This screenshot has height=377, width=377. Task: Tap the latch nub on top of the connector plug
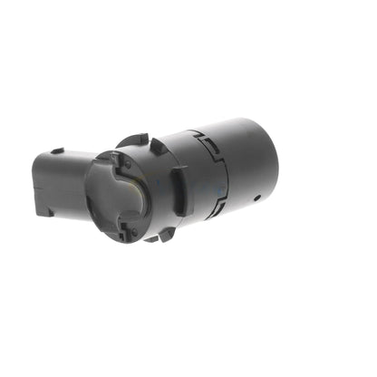[x=56, y=150]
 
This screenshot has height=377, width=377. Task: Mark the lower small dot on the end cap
[x=133, y=232]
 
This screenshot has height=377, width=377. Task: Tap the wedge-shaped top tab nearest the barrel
[x=159, y=145]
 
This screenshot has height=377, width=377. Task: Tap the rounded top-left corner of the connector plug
[x=40, y=158]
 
